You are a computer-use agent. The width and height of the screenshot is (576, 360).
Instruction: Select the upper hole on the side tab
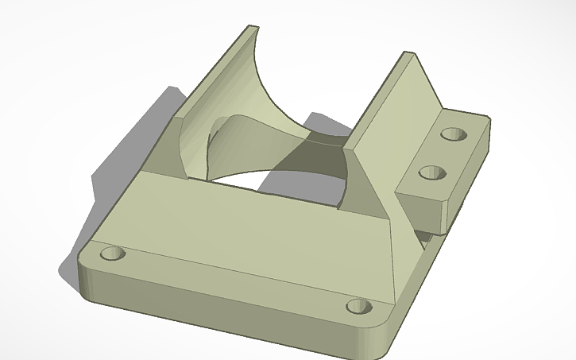[x=455, y=134]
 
